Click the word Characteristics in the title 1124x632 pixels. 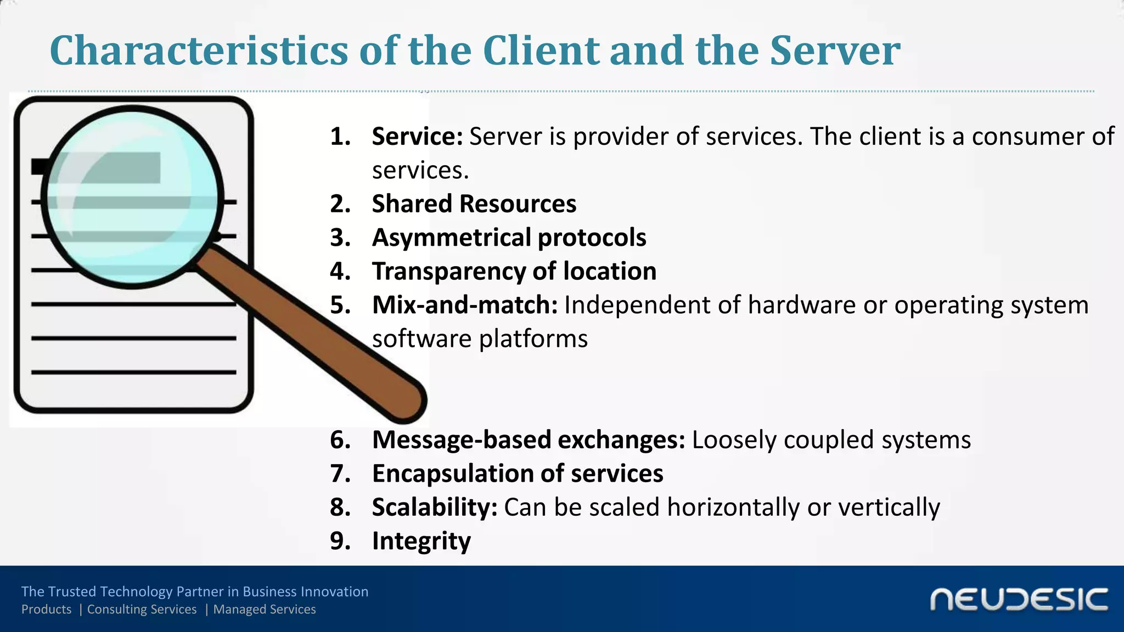coord(199,50)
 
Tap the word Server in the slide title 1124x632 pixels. coord(835,50)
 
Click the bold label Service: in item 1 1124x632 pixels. coord(418,137)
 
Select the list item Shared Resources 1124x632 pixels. coord(474,204)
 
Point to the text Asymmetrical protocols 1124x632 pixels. coord(509,238)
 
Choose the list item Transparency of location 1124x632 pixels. coord(514,272)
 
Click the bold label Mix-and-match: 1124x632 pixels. coord(465,305)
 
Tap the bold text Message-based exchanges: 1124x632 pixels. coord(529,440)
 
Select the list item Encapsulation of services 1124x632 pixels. coord(518,473)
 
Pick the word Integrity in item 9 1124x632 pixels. coord(421,541)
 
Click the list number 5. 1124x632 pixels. coord(340,305)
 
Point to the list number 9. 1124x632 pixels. coord(340,541)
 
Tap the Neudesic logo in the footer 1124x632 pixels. coord(1019,600)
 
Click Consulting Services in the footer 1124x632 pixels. coord(142,610)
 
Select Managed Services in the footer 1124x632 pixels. coord(265,610)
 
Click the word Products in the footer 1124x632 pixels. coord(46,610)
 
